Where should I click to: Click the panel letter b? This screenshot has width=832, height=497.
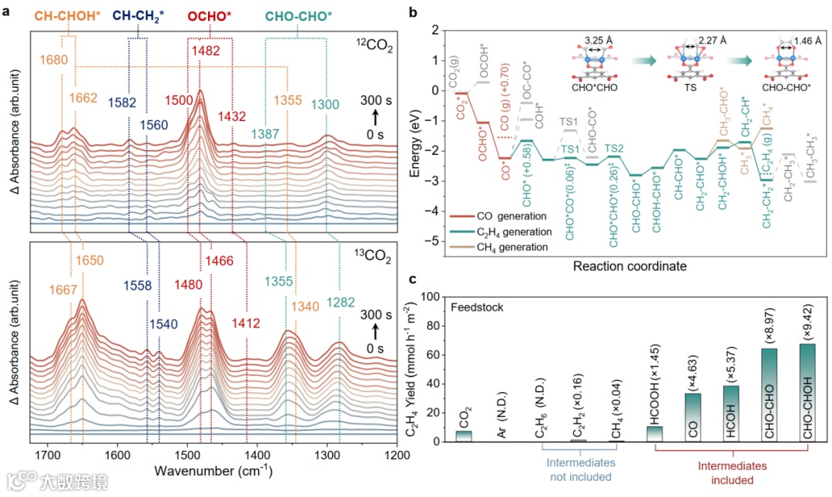414,13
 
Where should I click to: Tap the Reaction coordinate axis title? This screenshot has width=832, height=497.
629,266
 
